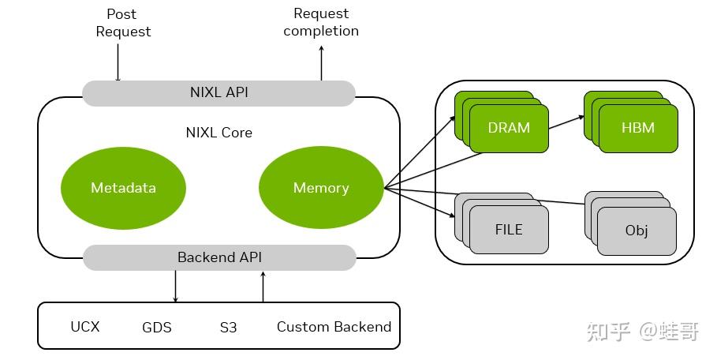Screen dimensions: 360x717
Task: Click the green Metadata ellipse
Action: pos(123,188)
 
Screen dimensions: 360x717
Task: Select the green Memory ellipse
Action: pos(321,188)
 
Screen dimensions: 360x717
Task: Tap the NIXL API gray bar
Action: pos(218,92)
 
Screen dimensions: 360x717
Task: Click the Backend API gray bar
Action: pos(218,257)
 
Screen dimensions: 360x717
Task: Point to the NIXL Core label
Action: pos(218,133)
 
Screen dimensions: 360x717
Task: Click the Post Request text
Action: pos(123,23)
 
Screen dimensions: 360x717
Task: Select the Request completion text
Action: pos(321,22)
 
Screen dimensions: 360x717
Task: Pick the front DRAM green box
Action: pos(509,128)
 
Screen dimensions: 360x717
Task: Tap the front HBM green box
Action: pos(637,128)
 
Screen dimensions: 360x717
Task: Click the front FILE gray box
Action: pos(509,230)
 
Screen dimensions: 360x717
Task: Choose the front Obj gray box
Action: pos(637,231)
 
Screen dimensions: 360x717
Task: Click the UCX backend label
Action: pos(85,326)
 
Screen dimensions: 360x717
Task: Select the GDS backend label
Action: pos(157,327)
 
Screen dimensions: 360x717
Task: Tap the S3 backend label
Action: pos(228,327)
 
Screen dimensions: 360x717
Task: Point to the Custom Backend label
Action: pos(334,327)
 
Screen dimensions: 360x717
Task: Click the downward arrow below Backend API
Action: pos(175,286)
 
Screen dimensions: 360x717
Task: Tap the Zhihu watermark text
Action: pos(642,332)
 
